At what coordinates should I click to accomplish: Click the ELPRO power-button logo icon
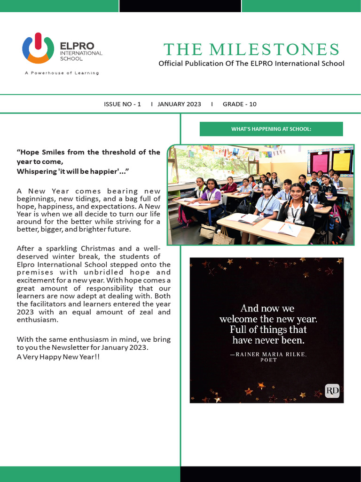[x=38, y=48]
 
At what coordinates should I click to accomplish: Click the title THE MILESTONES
[x=251, y=49]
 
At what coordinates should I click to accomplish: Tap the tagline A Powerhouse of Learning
[x=62, y=73]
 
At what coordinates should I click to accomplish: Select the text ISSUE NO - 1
[x=122, y=104]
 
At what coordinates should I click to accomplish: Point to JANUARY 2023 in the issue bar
[x=179, y=104]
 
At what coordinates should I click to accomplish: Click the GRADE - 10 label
[x=239, y=104]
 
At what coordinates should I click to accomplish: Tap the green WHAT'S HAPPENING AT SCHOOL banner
[x=271, y=129]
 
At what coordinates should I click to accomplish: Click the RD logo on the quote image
[x=332, y=391]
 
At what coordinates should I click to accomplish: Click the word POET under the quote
[x=269, y=360]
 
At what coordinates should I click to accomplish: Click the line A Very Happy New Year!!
[x=58, y=357]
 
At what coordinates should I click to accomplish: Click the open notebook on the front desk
[x=281, y=228]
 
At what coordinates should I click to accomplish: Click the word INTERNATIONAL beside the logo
[x=81, y=53]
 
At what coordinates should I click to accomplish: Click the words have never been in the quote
[x=268, y=340]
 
